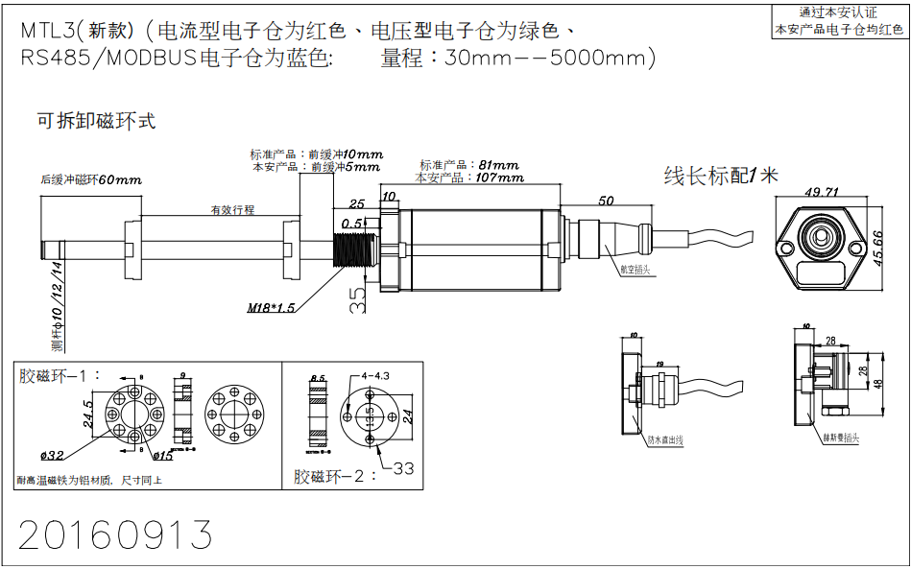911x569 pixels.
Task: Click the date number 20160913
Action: [x=115, y=534]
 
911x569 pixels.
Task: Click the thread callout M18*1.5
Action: [x=272, y=308]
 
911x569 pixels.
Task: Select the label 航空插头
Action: [x=635, y=270]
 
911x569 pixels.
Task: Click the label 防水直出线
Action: [x=664, y=440]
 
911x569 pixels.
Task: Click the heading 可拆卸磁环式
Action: [x=95, y=122]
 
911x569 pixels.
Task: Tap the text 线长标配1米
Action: [x=721, y=175]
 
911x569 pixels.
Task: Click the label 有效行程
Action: [x=233, y=209]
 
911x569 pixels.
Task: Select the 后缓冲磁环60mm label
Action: [x=91, y=179]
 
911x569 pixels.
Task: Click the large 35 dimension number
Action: [x=357, y=299]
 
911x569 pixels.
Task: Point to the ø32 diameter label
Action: [x=53, y=454]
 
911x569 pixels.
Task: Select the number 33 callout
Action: [x=403, y=468]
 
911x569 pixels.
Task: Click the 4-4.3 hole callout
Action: [x=377, y=375]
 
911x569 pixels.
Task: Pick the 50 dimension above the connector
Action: [x=605, y=201]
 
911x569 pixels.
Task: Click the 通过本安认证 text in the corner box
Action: [x=838, y=13]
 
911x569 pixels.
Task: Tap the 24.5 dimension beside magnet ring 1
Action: [x=88, y=415]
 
